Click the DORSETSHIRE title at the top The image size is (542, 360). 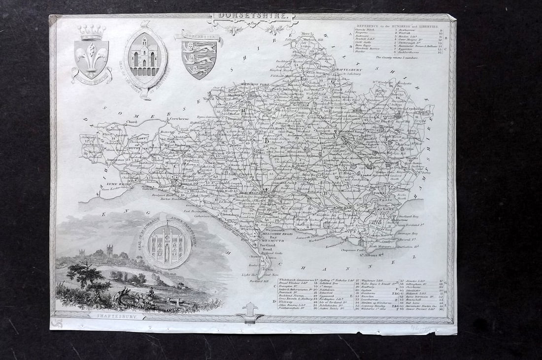[252, 16]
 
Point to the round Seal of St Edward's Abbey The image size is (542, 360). [169, 244]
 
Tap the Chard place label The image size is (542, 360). [131, 122]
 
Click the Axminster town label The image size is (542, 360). [115, 160]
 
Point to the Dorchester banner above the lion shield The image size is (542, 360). [200, 36]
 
